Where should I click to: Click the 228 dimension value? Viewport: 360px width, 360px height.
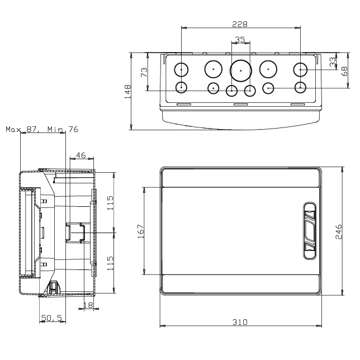241,23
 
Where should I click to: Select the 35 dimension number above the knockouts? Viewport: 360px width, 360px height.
240,40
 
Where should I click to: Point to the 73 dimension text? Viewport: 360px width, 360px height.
144,72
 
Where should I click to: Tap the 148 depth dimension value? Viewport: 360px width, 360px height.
127,91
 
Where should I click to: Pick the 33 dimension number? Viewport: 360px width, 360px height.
333,61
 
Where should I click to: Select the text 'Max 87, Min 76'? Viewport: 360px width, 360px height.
42,129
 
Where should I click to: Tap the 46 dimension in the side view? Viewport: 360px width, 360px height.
81,155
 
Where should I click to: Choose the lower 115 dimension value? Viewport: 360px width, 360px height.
111,261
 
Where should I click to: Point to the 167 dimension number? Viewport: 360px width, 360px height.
140,230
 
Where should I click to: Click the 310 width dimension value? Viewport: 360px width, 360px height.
241,323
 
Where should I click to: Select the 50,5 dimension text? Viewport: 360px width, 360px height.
51,318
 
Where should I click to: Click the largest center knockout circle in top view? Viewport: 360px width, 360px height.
240,70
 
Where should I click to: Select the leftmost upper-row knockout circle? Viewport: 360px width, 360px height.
182,70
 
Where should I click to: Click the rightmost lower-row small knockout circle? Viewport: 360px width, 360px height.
300,87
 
